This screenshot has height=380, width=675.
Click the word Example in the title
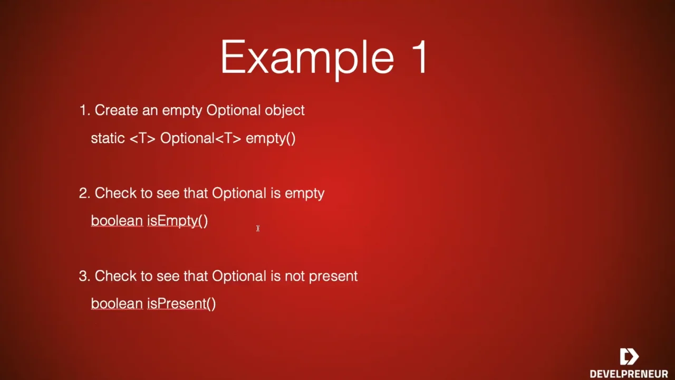(307, 59)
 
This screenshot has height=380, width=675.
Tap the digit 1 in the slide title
(419, 56)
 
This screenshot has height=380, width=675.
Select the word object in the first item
(284, 111)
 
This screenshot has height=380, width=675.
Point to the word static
(108, 138)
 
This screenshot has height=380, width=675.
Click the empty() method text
(271, 139)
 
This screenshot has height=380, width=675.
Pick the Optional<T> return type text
(201, 138)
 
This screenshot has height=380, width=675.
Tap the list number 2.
(84, 193)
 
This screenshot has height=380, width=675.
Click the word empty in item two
(304, 194)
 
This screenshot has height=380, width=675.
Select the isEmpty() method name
(178, 221)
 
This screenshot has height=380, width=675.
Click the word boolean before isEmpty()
(117, 221)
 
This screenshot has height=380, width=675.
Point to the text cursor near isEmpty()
(258, 229)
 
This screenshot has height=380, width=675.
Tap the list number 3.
(84, 276)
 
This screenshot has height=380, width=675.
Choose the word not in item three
(295, 276)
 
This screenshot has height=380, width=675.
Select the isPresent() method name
(181, 303)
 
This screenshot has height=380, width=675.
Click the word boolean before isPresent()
(117, 303)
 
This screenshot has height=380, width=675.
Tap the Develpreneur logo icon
(629, 356)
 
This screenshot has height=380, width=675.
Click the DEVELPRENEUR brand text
(629, 374)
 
